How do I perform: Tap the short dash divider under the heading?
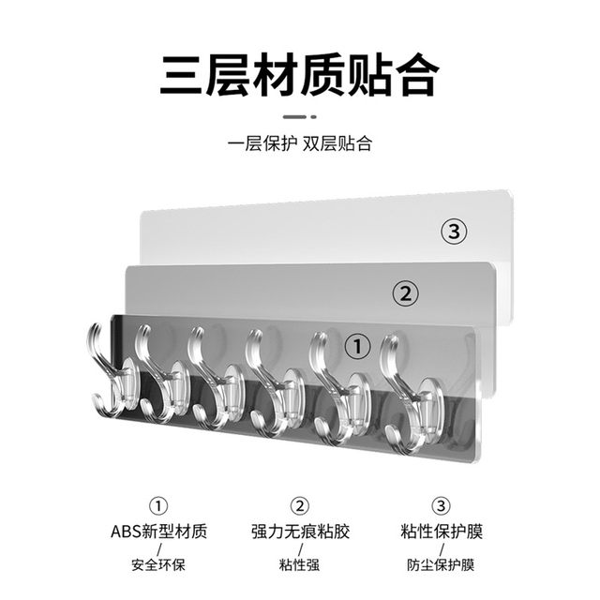[x=300, y=118]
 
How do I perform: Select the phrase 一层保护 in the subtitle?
[x=259, y=144]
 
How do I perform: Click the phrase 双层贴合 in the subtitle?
[x=342, y=144]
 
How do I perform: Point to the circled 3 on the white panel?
[x=456, y=232]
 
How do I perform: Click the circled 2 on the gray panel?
[x=406, y=292]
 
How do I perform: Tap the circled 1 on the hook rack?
[x=357, y=346]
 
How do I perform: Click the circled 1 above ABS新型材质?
[x=159, y=506]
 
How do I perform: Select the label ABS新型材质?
[x=159, y=532]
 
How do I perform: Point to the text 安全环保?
[x=159, y=565]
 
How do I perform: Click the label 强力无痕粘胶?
[x=300, y=532]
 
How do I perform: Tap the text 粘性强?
[x=300, y=565]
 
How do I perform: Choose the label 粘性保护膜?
[x=441, y=532]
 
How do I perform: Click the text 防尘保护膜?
[x=441, y=565]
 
